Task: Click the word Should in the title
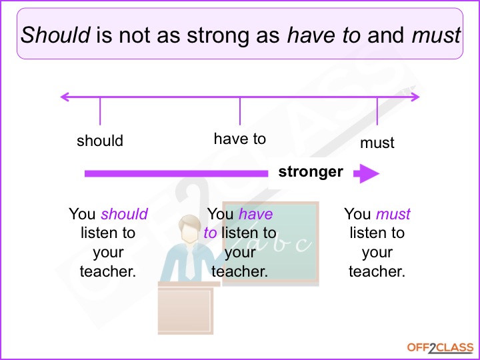(56, 35)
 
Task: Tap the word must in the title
(437, 35)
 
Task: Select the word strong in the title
(217, 35)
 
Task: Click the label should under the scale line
(100, 141)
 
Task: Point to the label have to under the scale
(239, 139)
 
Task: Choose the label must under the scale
(377, 143)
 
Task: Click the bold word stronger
(311, 172)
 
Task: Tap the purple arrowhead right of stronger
(367, 174)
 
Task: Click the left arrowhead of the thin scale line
(65, 97)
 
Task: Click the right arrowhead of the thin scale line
(415, 97)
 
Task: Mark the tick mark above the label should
(100, 110)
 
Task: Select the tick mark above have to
(240, 110)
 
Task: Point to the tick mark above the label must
(377, 110)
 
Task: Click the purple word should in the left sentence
(124, 214)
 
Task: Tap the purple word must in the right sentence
(393, 214)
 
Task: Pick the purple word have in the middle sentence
(255, 214)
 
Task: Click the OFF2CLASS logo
(440, 347)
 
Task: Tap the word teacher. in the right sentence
(377, 271)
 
